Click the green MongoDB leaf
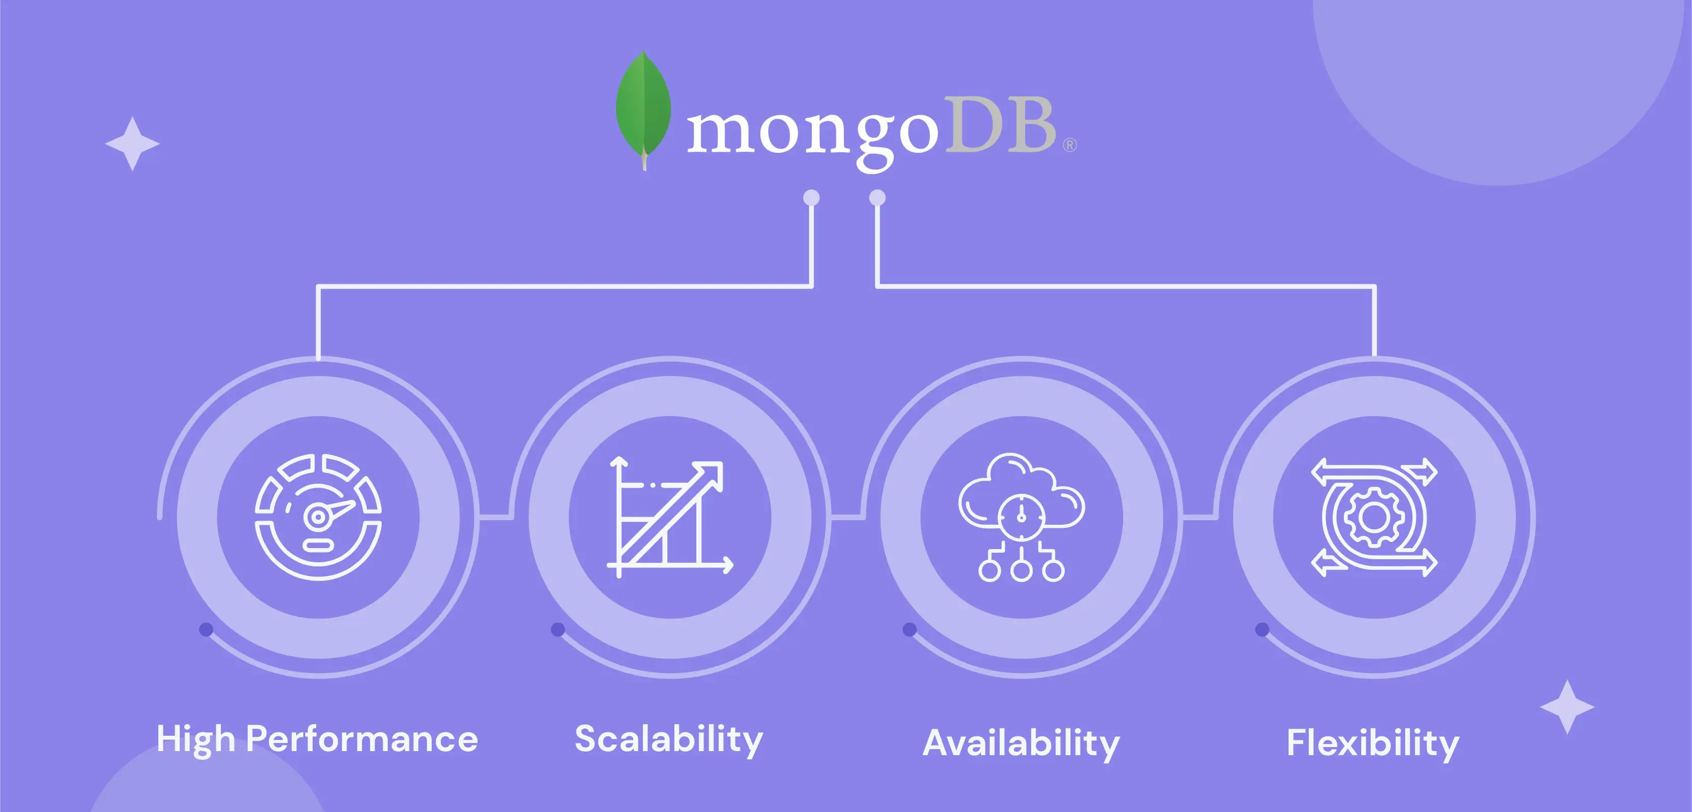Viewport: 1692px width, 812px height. click(643, 109)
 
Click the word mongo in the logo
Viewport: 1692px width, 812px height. click(813, 134)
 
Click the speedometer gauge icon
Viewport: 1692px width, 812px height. click(318, 517)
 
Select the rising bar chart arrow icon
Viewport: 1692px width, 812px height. click(669, 517)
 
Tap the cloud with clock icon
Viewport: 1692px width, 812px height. click(1022, 517)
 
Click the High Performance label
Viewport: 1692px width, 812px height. click(317, 739)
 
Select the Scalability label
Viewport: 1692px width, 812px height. click(669, 739)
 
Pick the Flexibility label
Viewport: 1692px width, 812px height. click(1373, 743)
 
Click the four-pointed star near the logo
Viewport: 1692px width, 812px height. click(132, 144)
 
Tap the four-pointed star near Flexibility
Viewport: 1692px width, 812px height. click(1567, 707)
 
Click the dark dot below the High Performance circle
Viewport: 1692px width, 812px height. click(206, 629)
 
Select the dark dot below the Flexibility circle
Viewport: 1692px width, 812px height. click(1262, 629)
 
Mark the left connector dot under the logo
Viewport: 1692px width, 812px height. click(812, 198)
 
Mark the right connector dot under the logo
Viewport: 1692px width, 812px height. click(877, 198)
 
